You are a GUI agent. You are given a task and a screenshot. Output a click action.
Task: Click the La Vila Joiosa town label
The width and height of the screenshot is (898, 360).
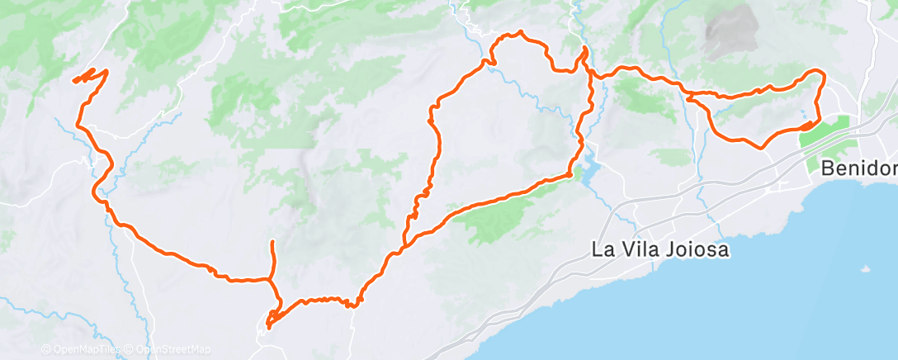coord(660,249)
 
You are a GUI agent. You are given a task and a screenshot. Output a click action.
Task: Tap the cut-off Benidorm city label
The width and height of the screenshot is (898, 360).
coord(858,168)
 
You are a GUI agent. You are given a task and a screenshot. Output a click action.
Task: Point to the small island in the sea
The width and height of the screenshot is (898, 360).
coord(864,269)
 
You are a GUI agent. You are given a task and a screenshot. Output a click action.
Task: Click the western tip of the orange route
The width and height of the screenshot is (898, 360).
coord(74,81)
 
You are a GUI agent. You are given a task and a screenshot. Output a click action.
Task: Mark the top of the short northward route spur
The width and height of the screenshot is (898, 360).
coord(272,241)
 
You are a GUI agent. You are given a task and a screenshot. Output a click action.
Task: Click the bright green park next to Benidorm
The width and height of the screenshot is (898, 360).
coord(825,136)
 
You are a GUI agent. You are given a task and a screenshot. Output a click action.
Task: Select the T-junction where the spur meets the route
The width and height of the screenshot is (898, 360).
coord(271,280)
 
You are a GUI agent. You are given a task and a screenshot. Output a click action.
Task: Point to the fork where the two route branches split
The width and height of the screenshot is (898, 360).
coord(404,244)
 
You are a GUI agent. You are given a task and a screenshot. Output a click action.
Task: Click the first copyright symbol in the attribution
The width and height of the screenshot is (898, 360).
coord(45,349)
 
